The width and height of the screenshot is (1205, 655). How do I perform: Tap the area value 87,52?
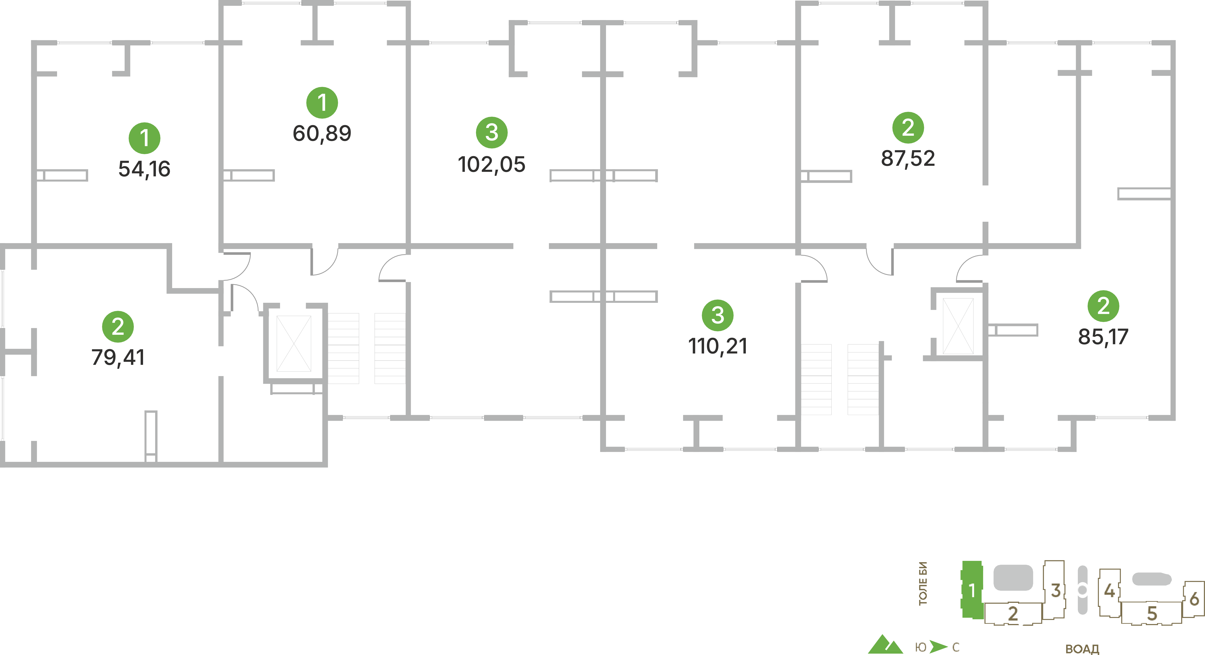pos(908,159)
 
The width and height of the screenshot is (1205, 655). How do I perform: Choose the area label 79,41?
pos(118,357)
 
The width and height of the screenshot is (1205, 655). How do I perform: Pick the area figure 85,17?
pos(1103,337)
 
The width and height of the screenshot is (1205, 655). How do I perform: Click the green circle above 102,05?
pos(492,132)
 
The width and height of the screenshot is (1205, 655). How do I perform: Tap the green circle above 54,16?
pos(145,138)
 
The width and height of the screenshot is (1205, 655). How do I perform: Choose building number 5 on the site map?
pos(1152,614)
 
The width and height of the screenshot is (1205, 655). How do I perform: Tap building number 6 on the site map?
pos(1194,599)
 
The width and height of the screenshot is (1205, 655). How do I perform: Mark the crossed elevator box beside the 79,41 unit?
pos(294,344)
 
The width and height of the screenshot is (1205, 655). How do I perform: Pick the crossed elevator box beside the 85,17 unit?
pos(958,326)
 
